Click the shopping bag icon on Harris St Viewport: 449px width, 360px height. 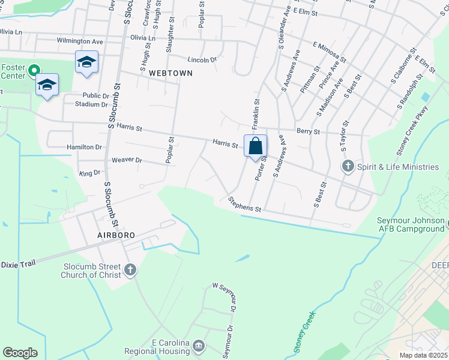(256, 145)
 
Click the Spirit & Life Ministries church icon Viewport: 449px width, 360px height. (347, 166)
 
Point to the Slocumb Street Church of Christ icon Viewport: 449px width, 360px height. (130, 271)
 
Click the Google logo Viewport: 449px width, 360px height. (20, 353)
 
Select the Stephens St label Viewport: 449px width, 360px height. (245, 205)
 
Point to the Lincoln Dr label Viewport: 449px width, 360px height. (202, 60)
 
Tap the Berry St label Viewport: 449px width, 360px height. (309, 131)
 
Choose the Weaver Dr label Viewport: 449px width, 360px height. (127, 160)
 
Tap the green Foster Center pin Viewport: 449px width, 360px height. (34, 71)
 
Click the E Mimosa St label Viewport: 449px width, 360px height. (330, 51)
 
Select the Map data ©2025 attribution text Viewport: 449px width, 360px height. (423, 355)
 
